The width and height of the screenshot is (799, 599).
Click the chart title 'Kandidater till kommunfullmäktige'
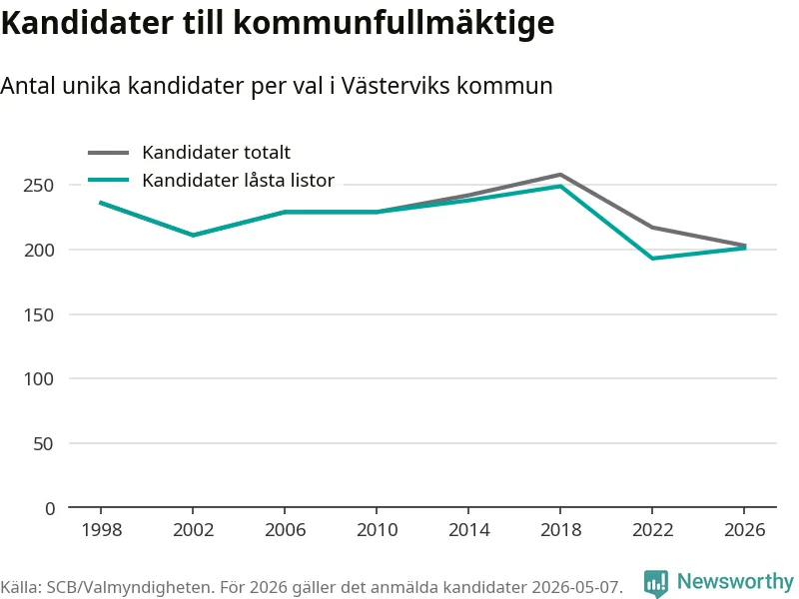(x=278, y=23)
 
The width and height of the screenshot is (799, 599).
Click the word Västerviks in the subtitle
(x=396, y=86)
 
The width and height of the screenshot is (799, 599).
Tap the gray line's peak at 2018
(x=560, y=175)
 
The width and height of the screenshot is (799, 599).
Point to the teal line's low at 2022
(x=653, y=259)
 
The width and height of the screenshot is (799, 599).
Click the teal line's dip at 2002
(x=193, y=235)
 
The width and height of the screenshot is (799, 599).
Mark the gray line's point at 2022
(x=653, y=228)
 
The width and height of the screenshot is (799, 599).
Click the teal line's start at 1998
(x=101, y=203)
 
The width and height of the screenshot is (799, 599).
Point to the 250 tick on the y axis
(x=39, y=186)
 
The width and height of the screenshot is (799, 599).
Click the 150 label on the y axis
(x=39, y=314)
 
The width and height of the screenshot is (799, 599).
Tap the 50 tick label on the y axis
(x=43, y=444)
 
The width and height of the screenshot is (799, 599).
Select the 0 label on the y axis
(x=50, y=508)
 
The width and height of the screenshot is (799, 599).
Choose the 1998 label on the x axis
(x=102, y=530)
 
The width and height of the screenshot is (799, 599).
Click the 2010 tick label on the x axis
(x=378, y=530)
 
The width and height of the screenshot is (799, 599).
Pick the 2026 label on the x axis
(x=744, y=530)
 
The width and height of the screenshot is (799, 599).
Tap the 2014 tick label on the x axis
(x=468, y=530)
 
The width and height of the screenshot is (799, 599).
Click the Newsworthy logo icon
(x=656, y=583)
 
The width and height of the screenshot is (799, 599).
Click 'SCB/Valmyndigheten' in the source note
(x=128, y=587)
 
